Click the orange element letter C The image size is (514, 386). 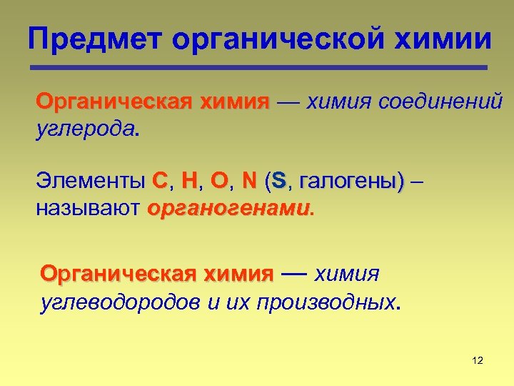click(159, 182)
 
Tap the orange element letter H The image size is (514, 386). click(189, 182)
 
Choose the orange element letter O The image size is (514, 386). click(219, 182)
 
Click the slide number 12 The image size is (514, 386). click(478, 360)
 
